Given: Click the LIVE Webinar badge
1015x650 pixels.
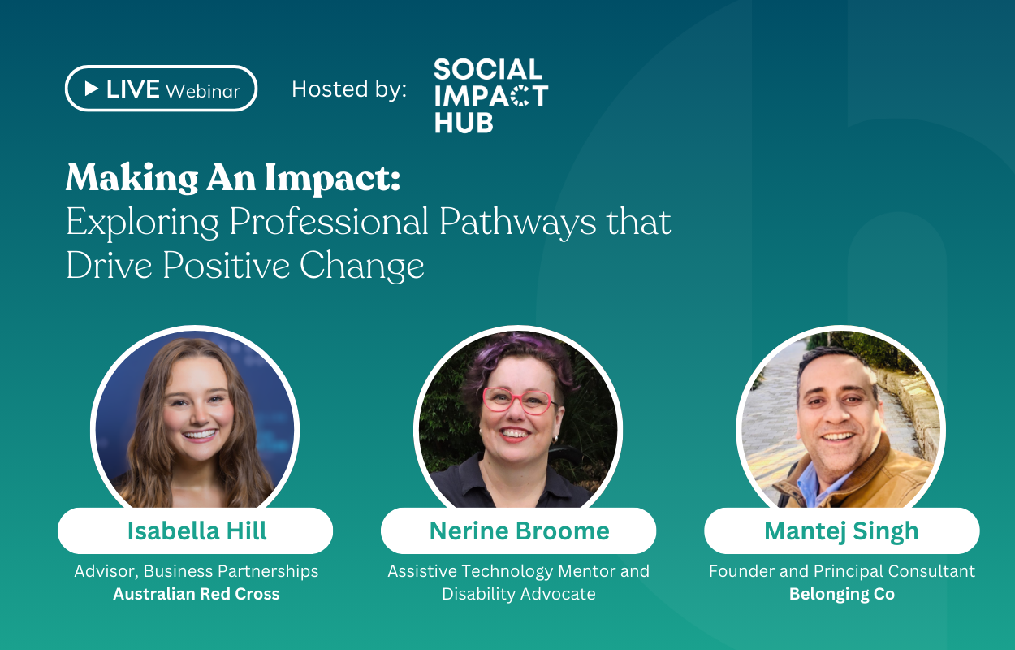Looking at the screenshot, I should click(161, 89).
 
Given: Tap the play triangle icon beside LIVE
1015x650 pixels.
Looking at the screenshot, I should click(92, 88).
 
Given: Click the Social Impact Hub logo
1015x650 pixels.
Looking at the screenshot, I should click(490, 95).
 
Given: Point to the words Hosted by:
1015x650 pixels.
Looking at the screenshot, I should click(349, 89).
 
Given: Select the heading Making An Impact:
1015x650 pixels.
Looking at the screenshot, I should click(233, 177).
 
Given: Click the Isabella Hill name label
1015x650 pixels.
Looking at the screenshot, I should click(196, 531).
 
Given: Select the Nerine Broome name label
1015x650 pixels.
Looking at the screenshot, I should click(519, 531).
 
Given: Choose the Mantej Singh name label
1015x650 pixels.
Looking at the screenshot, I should click(841, 531).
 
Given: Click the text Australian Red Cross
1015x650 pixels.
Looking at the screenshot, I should click(196, 594).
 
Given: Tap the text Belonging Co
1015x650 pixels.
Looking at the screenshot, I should click(841, 594).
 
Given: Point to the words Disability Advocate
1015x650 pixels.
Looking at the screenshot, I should click(519, 594).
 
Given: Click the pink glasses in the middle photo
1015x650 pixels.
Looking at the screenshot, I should click(516, 400).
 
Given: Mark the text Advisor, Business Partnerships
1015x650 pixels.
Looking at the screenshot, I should click(196, 571).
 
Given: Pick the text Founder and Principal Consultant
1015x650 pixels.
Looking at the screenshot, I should click(841, 571).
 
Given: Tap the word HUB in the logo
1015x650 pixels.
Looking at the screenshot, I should click(463, 123).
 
